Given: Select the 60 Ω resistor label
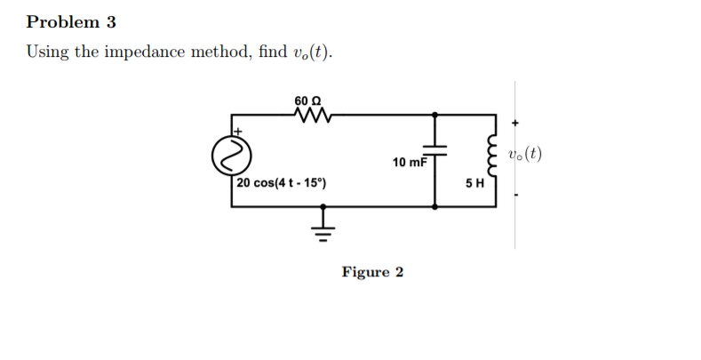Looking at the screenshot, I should pos(307,100).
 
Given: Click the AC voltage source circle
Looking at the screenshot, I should pos(227,157).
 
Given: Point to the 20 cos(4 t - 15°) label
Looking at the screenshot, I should pos(282,184).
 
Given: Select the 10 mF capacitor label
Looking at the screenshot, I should pos(409,163).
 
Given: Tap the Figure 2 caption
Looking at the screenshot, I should pos(372,272).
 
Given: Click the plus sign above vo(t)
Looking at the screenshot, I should pos(515,124).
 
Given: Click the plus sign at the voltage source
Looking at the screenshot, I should pos(238,130).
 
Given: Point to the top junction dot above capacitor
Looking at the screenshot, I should pos(434,115).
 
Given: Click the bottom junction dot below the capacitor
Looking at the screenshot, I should pos(434,206).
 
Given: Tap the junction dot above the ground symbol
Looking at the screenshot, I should pos(323,206).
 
